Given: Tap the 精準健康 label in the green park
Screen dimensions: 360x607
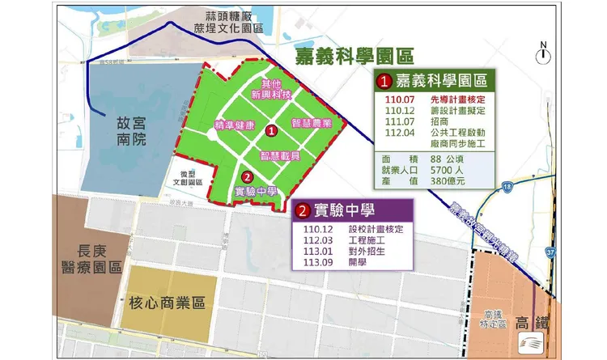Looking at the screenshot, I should pos(235,125).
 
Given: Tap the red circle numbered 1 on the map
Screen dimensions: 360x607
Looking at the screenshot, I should pos(272,129).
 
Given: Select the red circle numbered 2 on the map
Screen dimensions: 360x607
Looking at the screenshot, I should pos(248,176).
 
